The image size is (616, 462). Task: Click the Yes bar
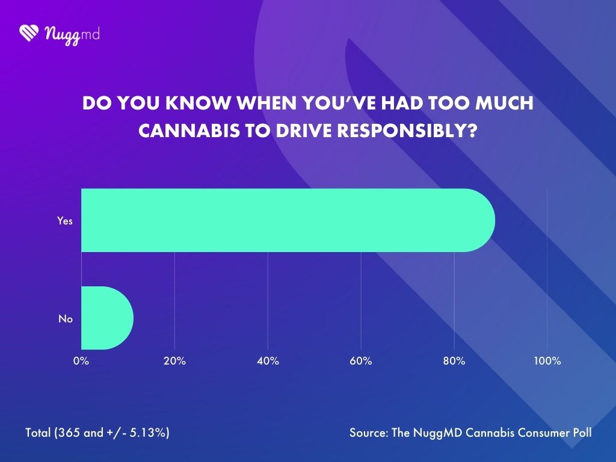pos(288,220)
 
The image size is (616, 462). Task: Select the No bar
pos(106,318)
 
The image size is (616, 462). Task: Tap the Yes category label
pos(64,221)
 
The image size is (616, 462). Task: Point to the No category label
pos(65,319)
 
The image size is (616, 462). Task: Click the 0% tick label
pos(81,361)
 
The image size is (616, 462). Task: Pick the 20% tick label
pos(174,361)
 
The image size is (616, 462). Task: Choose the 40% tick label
pos(268,361)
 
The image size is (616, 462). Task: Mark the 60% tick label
pos(361,361)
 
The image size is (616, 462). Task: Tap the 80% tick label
pos(454,361)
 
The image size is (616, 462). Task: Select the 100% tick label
pos(547,361)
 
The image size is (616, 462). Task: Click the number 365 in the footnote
pos(67,433)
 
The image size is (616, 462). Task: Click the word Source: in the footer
pos(368,433)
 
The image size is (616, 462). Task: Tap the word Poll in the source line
pos(582,433)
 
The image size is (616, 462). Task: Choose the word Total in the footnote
pos(38,433)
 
